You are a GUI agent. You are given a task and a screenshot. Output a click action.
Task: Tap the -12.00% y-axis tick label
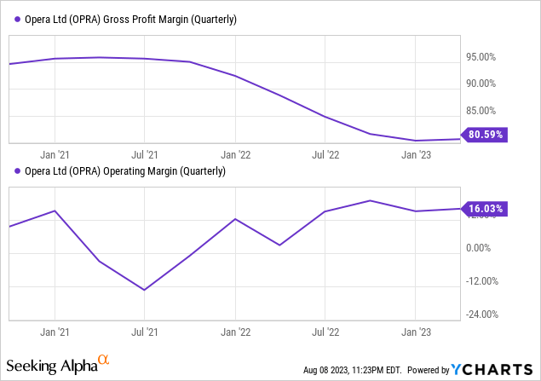(x=481, y=281)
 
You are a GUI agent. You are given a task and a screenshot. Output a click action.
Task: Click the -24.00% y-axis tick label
(x=481, y=314)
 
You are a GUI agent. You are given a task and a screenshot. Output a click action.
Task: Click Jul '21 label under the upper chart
(x=145, y=155)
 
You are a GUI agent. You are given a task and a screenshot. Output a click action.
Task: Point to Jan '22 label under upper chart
(x=234, y=155)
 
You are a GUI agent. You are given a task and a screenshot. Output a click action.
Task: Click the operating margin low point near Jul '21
(x=145, y=290)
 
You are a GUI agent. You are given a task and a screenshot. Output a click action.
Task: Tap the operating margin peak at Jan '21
(x=55, y=211)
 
